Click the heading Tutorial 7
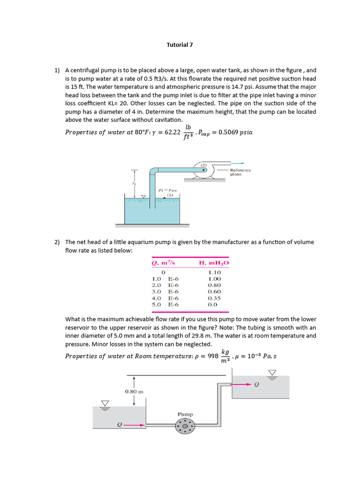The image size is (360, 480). (180, 45)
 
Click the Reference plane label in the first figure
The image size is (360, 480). (240, 172)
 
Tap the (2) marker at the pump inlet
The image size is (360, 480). (204, 165)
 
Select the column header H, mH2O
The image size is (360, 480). (214, 263)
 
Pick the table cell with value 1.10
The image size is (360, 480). (214, 272)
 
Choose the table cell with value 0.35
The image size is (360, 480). (214, 298)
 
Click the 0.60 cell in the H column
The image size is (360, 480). (214, 292)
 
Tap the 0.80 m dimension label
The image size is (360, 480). (134, 391)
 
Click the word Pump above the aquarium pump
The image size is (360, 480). (185, 414)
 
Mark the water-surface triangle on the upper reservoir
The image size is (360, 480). (272, 373)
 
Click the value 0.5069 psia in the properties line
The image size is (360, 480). (233, 132)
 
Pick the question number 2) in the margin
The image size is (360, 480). (57, 242)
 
